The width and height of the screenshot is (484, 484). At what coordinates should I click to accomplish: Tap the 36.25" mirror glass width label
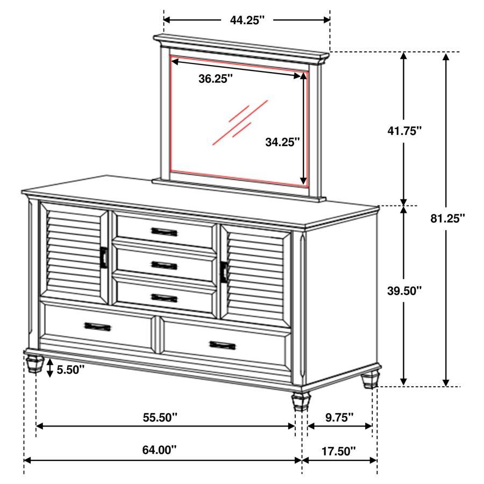216,79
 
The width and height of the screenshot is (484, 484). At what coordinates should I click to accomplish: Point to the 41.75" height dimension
404,130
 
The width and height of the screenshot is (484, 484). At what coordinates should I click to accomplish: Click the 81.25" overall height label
447,218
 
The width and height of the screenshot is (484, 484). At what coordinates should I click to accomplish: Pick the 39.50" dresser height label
404,290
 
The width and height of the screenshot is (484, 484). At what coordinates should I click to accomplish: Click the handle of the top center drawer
164,231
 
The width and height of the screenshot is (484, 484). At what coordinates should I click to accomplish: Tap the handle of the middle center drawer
164,265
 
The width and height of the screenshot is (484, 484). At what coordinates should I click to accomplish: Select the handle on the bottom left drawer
97,326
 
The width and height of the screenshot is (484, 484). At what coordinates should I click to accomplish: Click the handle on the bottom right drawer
224,344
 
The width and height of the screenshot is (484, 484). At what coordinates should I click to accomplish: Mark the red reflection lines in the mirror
240,122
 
